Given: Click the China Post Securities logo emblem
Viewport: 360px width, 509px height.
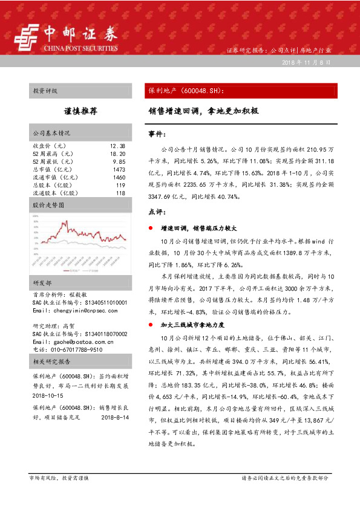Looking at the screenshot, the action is click(25, 37).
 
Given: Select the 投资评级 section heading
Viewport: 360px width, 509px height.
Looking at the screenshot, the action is click(45, 91).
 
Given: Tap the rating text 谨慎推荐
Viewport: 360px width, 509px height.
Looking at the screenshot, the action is click(80, 111).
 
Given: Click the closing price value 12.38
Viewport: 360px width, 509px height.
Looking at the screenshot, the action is click(117, 146).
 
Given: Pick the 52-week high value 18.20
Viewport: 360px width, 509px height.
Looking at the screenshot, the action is click(117, 154).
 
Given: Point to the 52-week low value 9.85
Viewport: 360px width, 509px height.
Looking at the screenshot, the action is click(119, 162).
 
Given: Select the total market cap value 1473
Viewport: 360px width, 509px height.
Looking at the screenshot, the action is click(119, 170).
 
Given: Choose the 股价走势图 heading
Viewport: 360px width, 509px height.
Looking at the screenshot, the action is click(48, 206).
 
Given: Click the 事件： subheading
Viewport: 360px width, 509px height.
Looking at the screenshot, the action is click(157, 132).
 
